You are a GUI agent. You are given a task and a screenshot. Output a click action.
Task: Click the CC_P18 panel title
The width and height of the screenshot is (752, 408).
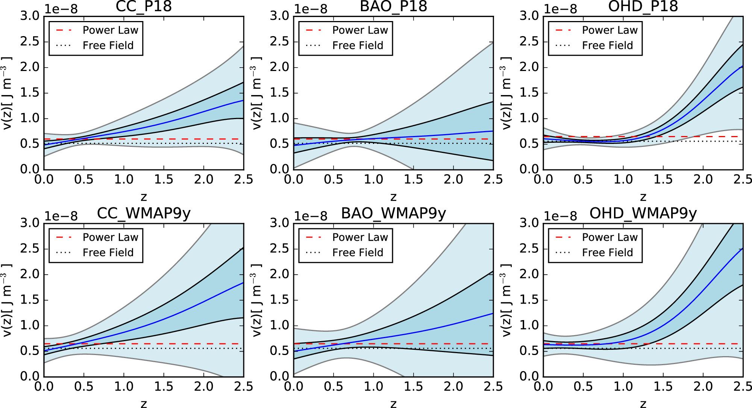[144, 7]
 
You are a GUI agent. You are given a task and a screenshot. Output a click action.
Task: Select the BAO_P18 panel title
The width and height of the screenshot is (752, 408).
[393, 7]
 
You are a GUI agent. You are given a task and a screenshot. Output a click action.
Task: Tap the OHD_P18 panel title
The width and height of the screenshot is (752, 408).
[643, 7]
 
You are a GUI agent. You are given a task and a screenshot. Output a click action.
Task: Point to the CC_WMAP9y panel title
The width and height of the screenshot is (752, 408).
[144, 213]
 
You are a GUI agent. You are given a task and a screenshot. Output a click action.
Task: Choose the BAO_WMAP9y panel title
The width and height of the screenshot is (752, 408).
[393, 213]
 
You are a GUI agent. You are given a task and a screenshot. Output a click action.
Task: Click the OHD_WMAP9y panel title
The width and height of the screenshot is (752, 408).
[643, 213]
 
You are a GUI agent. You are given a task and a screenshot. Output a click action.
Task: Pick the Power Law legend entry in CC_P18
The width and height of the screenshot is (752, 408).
[110, 30]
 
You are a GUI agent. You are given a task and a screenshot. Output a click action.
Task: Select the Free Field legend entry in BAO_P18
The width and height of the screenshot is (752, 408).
[358, 45]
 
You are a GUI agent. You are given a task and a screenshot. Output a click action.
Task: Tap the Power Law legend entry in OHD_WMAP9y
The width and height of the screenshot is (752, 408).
[609, 237]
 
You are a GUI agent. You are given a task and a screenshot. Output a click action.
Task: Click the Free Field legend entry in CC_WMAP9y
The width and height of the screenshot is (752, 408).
[108, 252]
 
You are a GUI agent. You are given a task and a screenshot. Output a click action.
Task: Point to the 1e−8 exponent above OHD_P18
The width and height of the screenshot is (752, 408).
[560, 9]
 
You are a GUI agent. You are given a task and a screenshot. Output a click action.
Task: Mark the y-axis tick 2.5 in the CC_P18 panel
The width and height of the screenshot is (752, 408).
[30, 42]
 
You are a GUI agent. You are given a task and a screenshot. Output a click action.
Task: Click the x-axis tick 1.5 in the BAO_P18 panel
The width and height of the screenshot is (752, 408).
[413, 180]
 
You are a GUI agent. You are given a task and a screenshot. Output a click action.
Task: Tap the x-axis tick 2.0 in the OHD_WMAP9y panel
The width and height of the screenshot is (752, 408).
[703, 387]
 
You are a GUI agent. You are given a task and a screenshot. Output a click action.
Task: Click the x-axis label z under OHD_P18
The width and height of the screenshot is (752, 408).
[643, 196]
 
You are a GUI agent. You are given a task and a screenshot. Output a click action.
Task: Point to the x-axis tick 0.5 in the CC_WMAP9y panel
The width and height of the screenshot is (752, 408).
[83, 387]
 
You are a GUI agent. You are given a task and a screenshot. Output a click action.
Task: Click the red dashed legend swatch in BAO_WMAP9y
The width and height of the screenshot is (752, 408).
[314, 237]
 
